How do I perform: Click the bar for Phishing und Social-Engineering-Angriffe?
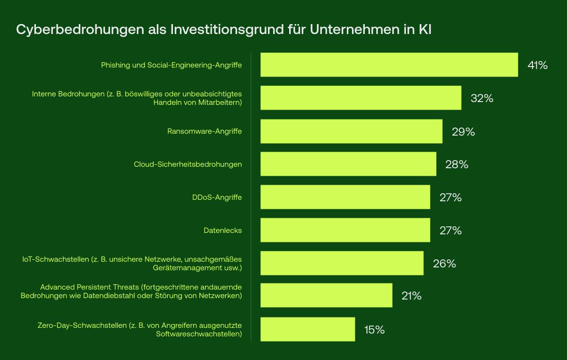[389, 65]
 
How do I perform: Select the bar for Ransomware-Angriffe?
[351, 131]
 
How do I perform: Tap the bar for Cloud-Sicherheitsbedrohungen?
[348, 164]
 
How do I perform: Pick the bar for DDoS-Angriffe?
[345, 197]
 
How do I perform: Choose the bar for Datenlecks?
[345, 230]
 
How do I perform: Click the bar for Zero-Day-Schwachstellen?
[308, 329]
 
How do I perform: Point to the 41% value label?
[537, 65]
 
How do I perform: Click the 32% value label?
[482, 98]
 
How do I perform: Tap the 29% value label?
[463, 132]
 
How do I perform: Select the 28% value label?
[456, 164]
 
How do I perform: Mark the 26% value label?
[444, 264]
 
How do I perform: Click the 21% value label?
[411, 296]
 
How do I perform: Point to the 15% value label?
[374, 330]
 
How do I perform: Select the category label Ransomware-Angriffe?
[205, 131]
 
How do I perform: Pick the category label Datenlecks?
[223, 231]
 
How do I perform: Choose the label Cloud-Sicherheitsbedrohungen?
[188, 164]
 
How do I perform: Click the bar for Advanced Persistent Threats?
[326, 295]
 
